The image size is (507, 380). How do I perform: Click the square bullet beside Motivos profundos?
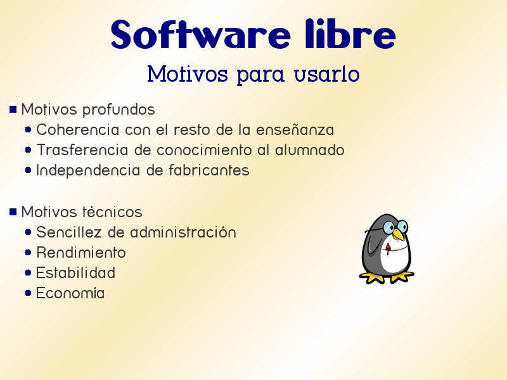pos(13,110)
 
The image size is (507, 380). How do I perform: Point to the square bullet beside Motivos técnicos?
pos(13,212)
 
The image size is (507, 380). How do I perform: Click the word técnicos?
pos(112,212)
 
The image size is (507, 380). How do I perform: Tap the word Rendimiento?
pos(81,253)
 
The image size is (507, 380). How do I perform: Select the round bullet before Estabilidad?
pos(29,273)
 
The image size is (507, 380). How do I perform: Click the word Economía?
pos(70,293)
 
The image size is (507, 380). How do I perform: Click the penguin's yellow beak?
pos(398,235)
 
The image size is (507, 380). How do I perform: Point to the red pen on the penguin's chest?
pos(388,247)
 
